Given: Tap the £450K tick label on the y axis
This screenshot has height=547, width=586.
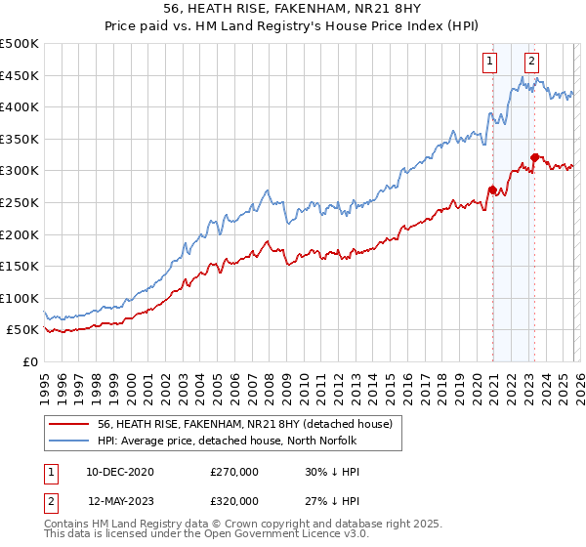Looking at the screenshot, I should pos(20,75).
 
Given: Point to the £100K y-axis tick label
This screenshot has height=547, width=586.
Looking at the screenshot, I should pos(20,298).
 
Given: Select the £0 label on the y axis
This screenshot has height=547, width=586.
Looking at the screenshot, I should pos(30,361).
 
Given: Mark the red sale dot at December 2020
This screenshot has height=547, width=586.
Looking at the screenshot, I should pos(492,189).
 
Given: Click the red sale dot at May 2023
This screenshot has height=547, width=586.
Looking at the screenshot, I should pos(534,157).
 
